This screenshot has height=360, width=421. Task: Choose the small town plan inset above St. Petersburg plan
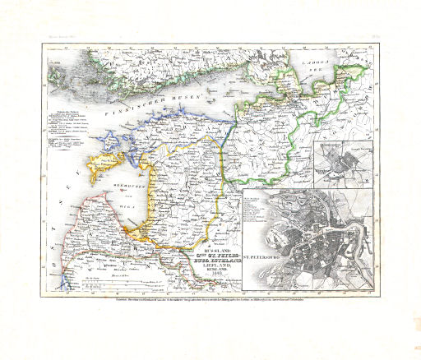point(345,161)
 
